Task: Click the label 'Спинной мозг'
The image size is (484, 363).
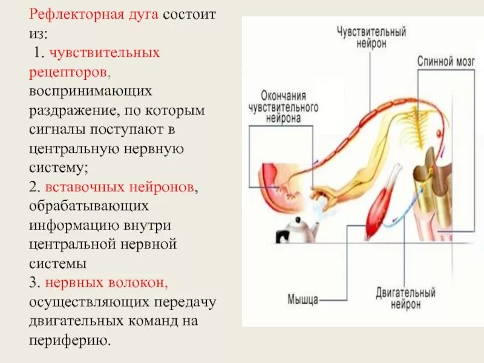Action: coord(446,62)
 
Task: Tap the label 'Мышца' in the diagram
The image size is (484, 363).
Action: coord(302,298)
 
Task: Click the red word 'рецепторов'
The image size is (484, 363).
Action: coord(69,71)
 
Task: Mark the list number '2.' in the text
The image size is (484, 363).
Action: coord(34,187)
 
